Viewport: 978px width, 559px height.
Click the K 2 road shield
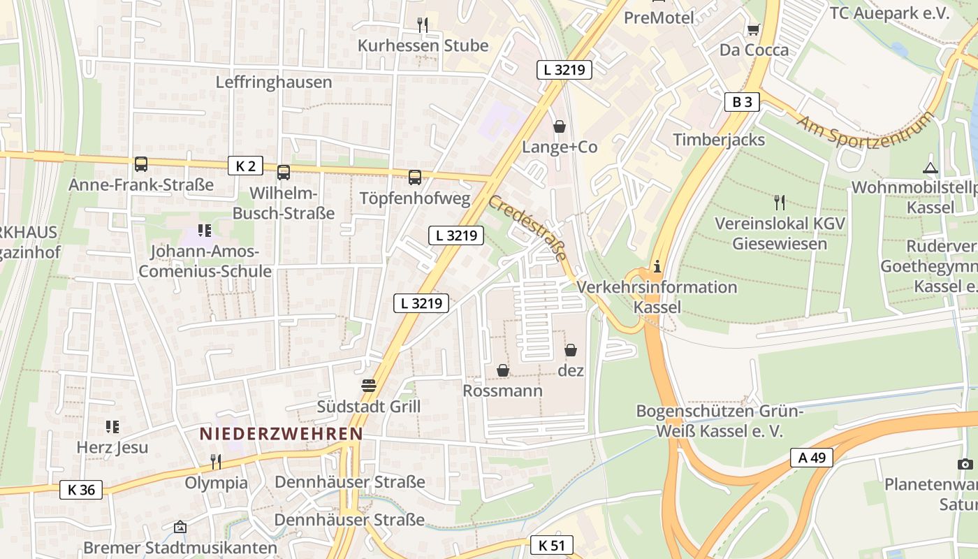[245, 166]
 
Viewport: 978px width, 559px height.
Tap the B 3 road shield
[742, 102]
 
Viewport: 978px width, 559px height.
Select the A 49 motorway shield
[812, 458]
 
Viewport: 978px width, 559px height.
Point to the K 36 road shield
[81, 490]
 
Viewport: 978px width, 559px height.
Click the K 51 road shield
[551, 545]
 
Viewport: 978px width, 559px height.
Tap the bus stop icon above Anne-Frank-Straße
[141, 164]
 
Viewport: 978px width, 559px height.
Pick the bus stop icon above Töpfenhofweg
[415, 177]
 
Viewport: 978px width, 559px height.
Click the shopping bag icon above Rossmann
[503, 370]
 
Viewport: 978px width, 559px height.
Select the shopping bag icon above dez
[571, 350]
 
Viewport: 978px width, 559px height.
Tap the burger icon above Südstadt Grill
[369, 386]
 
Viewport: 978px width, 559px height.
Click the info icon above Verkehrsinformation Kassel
[657, 267]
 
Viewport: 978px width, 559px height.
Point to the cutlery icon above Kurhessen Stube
[423, 25]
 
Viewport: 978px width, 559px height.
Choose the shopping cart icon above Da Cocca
[754, 29]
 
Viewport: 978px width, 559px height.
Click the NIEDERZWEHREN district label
[281, 434]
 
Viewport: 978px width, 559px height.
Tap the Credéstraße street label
[527, 228]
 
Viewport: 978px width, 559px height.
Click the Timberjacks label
[719, 140]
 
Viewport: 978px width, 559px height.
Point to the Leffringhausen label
[274, 82]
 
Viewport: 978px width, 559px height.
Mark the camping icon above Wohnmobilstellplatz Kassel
[930, 168]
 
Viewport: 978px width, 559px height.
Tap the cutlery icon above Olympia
[216, 461]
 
